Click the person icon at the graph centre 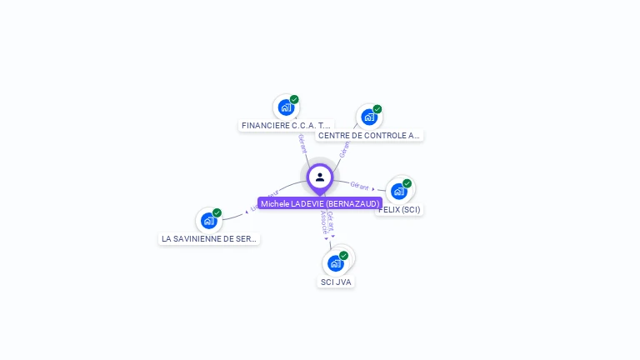click(320, 177)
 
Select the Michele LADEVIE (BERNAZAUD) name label click(320, 203)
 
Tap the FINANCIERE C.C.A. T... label click(286, 125)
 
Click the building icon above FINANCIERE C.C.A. click(286, 107)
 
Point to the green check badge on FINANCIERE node click(294, 99)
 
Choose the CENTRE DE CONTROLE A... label click(369, 135)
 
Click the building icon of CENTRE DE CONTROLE click(369, 117)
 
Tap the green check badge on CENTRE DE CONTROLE click(377, 109)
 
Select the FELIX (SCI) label click(400, 209)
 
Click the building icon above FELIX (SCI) click(399, 192)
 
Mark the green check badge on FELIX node click(407, 183)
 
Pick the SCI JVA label click(336, 282)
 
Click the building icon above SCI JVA click(335, 263)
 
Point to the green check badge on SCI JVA click(343, 256)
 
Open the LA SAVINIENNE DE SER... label click(209, 238)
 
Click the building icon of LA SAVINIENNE click(208, 221)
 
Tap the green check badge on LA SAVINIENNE click(217, 212)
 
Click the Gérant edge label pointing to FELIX click(360, 185)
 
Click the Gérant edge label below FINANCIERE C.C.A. click(302, 142)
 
